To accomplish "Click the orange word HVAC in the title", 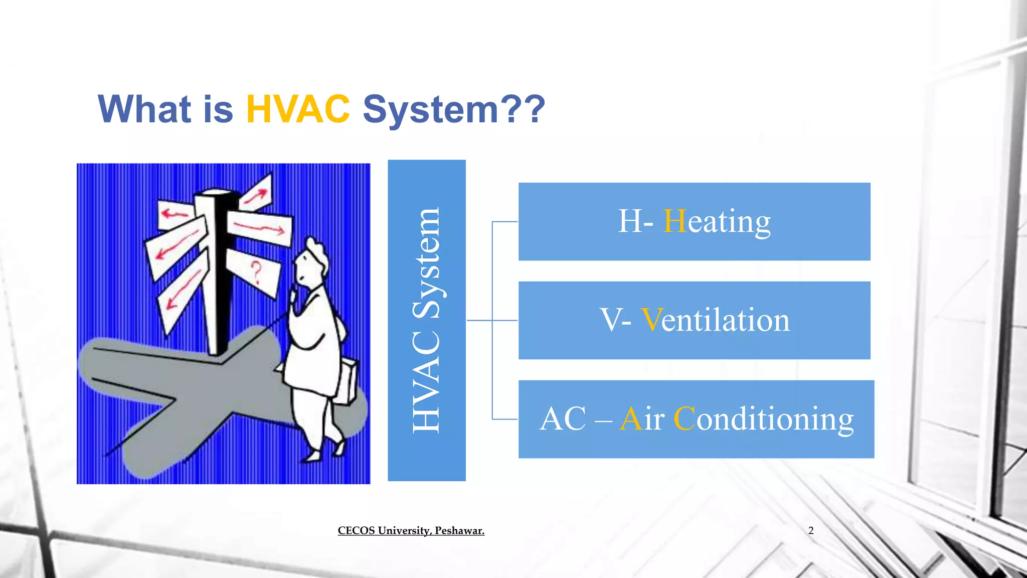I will pos(298,109).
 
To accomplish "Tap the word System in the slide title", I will pos(430,110).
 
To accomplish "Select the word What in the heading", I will pos(144,109).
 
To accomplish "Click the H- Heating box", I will pos(694,221).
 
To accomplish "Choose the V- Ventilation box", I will pos(694,320).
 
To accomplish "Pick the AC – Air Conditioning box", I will pos(696,419).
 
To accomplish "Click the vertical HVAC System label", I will pos(426,320).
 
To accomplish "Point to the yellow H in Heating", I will pos(674,221).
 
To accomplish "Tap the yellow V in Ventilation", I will pos(651,320).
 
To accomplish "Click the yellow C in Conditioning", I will pos(684,419).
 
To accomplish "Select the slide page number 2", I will pos(811,530).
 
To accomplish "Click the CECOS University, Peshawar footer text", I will pos(411,530).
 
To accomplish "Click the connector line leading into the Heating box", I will pos(504,221).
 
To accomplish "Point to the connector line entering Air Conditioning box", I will pos(504,419).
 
